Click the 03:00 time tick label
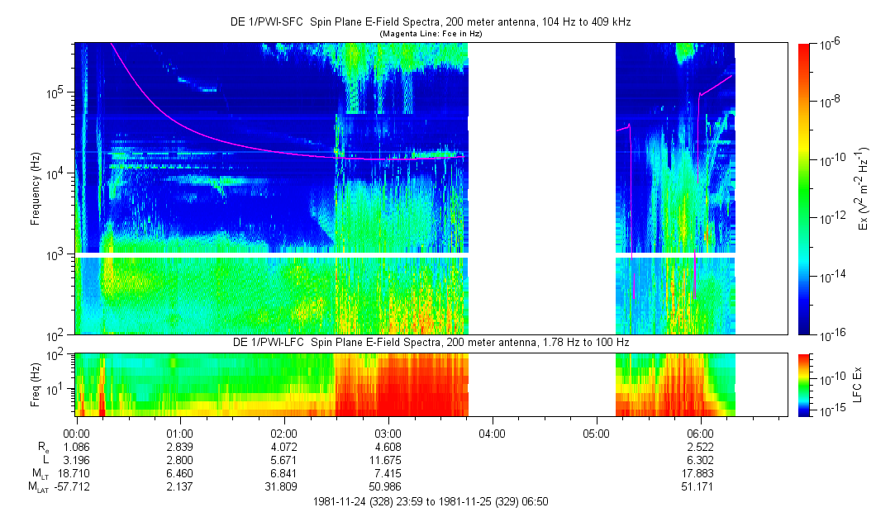[388, 432]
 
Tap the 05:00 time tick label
[596, 432]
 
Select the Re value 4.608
[388, 447]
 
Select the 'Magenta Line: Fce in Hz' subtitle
[431, 34]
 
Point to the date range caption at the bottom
[431, 501]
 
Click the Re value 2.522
[700, 447]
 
